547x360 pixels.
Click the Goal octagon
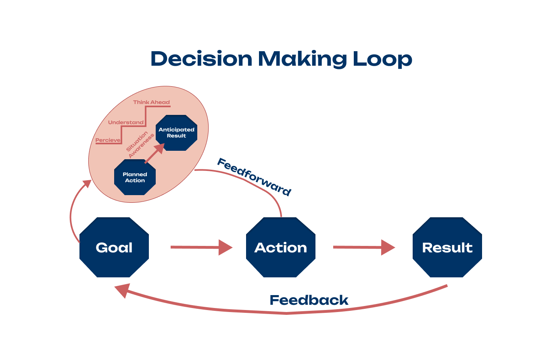[114, 248]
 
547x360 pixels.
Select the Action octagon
[281, 248]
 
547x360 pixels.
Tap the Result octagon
[447, 248]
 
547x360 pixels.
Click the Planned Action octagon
[135, 177]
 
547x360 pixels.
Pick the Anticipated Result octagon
[176, 133]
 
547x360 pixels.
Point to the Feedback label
[309, 300]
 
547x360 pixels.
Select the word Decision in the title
[201, 59]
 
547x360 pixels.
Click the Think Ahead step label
[151, 102]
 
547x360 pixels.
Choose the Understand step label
[125, 122]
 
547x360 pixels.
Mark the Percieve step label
[108, 140]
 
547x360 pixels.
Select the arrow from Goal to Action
[201, 247]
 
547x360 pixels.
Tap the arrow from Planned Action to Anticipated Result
[155, 153]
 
